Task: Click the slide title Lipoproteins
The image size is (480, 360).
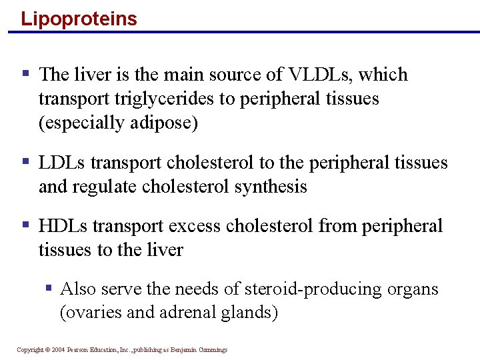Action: (x=79, y=18)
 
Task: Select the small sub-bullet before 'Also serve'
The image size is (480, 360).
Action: (x=49, y=288)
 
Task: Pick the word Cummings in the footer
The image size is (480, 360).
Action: (x=211, y=350)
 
